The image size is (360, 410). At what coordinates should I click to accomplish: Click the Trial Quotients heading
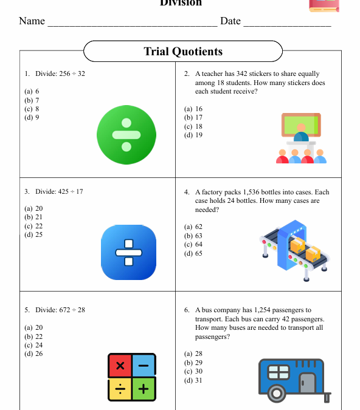182,52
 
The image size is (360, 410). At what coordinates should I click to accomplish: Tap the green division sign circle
126,134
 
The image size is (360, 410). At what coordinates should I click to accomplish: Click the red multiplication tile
120,366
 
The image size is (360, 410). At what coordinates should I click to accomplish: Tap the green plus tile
144,389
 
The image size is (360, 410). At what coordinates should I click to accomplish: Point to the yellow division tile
120,389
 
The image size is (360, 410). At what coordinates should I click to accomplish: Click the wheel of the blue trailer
277,393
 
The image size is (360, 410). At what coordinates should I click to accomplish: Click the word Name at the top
32,21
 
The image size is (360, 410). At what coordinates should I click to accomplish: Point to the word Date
230,21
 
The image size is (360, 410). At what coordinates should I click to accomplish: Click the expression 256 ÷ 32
72,74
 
